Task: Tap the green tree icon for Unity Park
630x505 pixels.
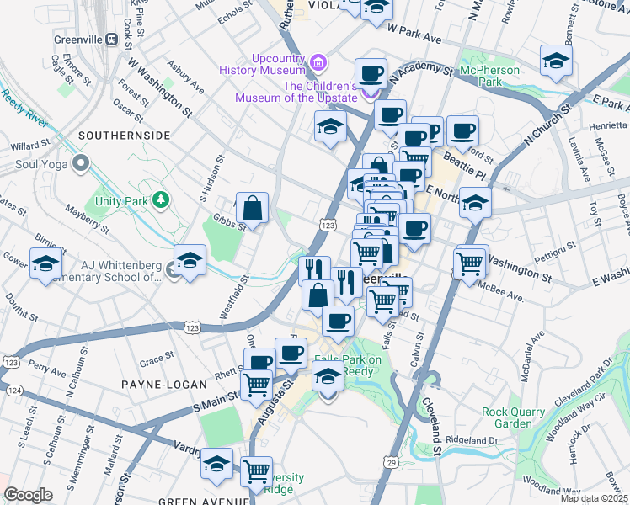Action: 157,199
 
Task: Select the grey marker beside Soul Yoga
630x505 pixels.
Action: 81,162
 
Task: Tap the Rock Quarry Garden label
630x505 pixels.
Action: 519,418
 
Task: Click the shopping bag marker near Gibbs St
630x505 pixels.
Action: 252,207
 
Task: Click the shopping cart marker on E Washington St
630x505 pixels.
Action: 471,261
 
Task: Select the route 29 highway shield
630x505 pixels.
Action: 391,462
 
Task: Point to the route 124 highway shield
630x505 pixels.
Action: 12,391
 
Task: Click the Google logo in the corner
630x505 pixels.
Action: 29,495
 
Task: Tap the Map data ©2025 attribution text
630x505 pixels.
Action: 594,498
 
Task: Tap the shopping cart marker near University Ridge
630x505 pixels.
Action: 256,471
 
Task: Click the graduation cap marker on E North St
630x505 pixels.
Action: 476,203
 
